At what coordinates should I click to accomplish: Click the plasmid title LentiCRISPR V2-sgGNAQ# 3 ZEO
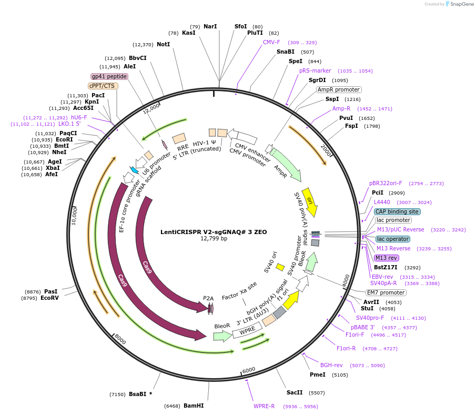214,232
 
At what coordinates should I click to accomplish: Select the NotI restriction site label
164,44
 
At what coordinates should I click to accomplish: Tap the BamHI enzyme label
194,406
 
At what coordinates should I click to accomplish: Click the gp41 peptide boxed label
109,76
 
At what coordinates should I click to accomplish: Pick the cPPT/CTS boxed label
103,86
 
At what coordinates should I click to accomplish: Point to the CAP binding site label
397,211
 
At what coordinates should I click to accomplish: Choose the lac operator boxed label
393,239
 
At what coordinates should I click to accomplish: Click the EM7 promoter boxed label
386,292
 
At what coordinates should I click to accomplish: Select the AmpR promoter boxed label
339,89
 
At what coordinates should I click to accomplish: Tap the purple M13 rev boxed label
386,258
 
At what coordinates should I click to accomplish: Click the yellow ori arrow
310,202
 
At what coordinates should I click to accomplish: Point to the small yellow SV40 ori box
280,267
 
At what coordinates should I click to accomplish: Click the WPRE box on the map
248,330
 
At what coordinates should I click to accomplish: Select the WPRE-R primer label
264,406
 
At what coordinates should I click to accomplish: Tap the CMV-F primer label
271,42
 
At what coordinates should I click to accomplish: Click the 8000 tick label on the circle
120,339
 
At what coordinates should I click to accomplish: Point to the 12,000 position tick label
151,108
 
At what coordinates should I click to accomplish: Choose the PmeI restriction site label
318,374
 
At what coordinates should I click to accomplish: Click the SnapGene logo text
461,4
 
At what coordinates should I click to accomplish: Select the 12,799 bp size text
214,239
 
